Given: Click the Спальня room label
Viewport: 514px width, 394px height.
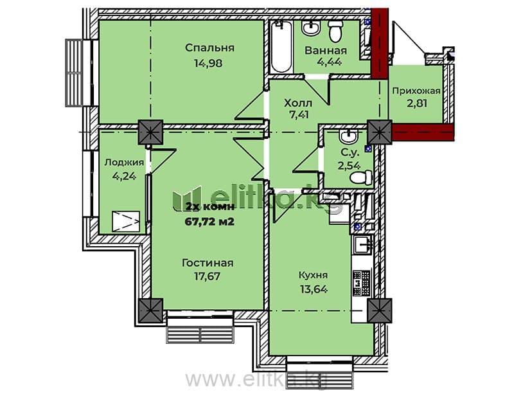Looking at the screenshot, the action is (210, 48).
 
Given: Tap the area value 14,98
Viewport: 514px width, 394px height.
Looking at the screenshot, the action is (208, 63).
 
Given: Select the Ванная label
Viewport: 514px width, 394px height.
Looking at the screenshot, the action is (326, 51).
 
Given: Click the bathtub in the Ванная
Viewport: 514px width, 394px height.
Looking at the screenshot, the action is (281, 46).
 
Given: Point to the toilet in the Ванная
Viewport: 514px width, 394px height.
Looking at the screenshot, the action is (335, 30).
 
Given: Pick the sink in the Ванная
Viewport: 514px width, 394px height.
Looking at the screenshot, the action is (311, 27).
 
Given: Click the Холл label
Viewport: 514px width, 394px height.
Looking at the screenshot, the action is (298, 103).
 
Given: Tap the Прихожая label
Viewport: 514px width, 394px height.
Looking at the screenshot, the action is (416, 91).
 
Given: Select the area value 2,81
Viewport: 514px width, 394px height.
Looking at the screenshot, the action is (417, 103).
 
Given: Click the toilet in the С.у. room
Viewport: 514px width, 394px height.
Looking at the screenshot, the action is (361, 177).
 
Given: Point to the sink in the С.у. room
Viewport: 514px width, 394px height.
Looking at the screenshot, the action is (348, 136).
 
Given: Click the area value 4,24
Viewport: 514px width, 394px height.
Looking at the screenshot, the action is (124, 176).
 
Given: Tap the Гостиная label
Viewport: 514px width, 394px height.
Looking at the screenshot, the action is (208, 263).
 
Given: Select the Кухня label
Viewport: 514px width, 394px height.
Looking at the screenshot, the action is (313, 275).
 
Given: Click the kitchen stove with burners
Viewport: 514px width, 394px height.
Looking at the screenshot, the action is (362, 283).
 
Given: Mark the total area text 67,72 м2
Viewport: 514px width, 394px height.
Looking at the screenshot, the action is (210, 222).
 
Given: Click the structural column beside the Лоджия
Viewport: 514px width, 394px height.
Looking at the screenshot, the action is (150, 132).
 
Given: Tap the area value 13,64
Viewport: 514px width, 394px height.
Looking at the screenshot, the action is (314, 289).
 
